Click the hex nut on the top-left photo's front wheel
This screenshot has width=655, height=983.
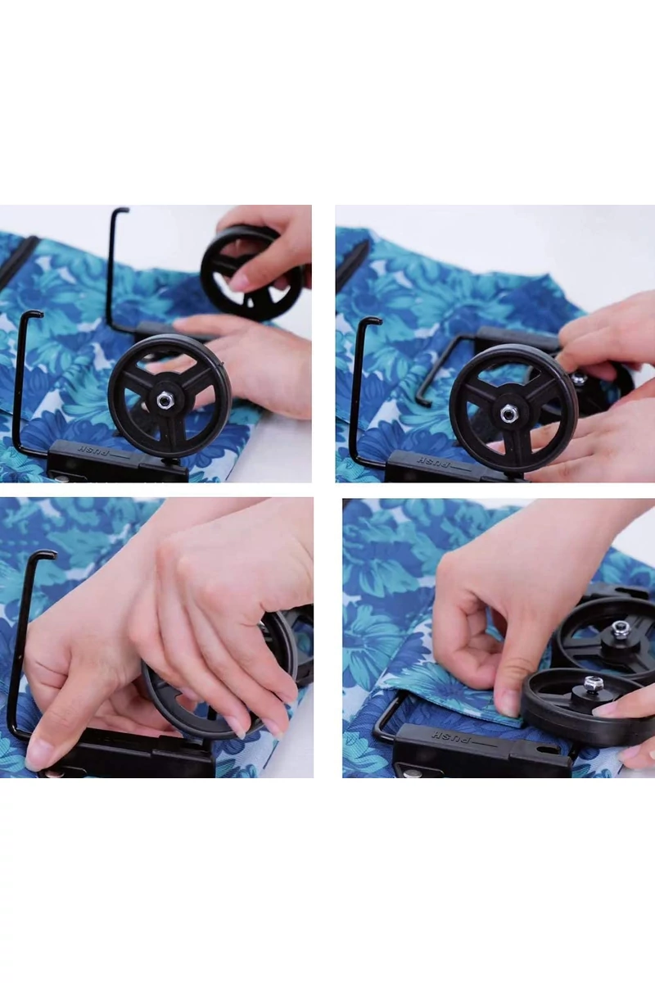click(164, 400)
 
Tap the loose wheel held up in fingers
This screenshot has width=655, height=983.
click(251, 273)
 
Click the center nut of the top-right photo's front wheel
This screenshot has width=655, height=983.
click(508, 413)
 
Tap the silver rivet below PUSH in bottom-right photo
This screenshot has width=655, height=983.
click(411, 774)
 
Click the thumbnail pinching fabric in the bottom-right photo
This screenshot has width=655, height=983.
click(509, 704)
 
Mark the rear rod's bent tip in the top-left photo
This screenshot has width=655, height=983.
click(121, 210)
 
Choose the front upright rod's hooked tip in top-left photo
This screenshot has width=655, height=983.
click(35, 314)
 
